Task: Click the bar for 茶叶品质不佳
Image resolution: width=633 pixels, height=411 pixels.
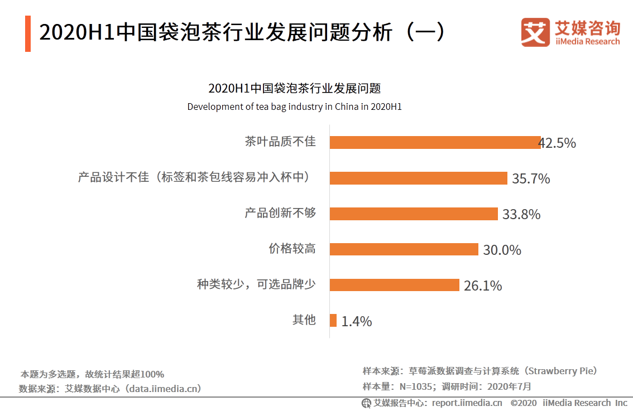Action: tap(435, 142)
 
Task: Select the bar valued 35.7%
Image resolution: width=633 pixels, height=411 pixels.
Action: tap(418, 178)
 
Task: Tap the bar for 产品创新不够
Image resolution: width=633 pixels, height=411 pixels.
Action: tap(413, 214)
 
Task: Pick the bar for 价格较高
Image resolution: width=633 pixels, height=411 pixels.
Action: tap(404, 249)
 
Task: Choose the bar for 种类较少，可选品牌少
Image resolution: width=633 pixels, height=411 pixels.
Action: tap(394, 285)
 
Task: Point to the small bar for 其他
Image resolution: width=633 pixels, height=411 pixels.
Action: tap(333, 320)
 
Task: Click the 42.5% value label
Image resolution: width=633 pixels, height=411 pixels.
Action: tap(558, 143)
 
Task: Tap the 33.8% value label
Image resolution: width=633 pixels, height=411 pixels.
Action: tap(521, 215)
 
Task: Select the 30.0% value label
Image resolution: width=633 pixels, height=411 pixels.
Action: tap(502, 250)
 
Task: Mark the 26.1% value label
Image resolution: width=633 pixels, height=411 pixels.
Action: tap(483, 286)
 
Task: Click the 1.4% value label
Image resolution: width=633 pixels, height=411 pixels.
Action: tap(357, 322)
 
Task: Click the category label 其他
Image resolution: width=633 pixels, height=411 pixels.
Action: tap(304, 320)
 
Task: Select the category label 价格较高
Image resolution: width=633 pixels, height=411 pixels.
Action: tap(292, 249)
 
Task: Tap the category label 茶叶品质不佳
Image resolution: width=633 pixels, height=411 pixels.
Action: tap(280, 142)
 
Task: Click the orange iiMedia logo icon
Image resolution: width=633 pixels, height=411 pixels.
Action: tap(535, 33)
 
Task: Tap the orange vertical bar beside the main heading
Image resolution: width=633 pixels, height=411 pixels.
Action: tap(28, 34)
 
